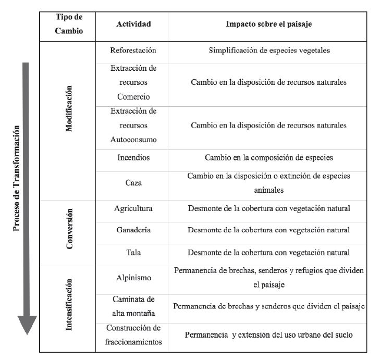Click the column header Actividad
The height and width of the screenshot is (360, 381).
(133, 24)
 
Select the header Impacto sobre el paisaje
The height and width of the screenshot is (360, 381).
(269, 24)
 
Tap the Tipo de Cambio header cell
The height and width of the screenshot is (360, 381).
(69, 24)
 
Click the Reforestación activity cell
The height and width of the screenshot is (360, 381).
(133, 51)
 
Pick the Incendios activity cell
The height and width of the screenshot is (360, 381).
(133, 157)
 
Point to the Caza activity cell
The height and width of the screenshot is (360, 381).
(133, 183)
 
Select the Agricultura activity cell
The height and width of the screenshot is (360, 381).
(133, 208)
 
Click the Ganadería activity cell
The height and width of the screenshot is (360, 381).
(133, 230)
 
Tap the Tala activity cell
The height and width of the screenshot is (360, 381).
(133, 252)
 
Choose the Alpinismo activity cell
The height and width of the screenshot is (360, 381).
(133, 277)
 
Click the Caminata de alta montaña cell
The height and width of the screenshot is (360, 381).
(133, 306)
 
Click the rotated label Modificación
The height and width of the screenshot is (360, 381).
(69, 108)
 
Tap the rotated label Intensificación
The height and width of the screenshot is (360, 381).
(69, 305)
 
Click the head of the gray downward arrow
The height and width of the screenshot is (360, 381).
(27, 326)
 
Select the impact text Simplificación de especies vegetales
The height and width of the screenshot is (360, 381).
(269, 51)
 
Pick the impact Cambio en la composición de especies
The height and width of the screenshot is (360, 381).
(269, 157)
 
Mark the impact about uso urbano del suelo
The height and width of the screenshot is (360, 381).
(269, 334)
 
